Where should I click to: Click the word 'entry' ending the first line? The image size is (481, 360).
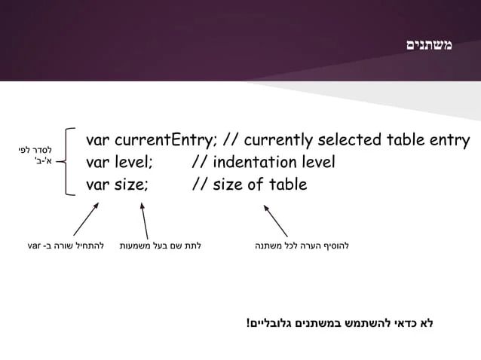[x=449, y=141]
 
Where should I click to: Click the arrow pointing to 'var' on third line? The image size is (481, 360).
[x=85, y=218]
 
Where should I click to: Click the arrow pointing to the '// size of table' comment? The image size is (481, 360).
[x=276, y=218]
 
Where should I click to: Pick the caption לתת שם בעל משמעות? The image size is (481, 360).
[x=165, y=246]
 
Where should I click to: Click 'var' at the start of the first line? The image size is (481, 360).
[x=98, y=141]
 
